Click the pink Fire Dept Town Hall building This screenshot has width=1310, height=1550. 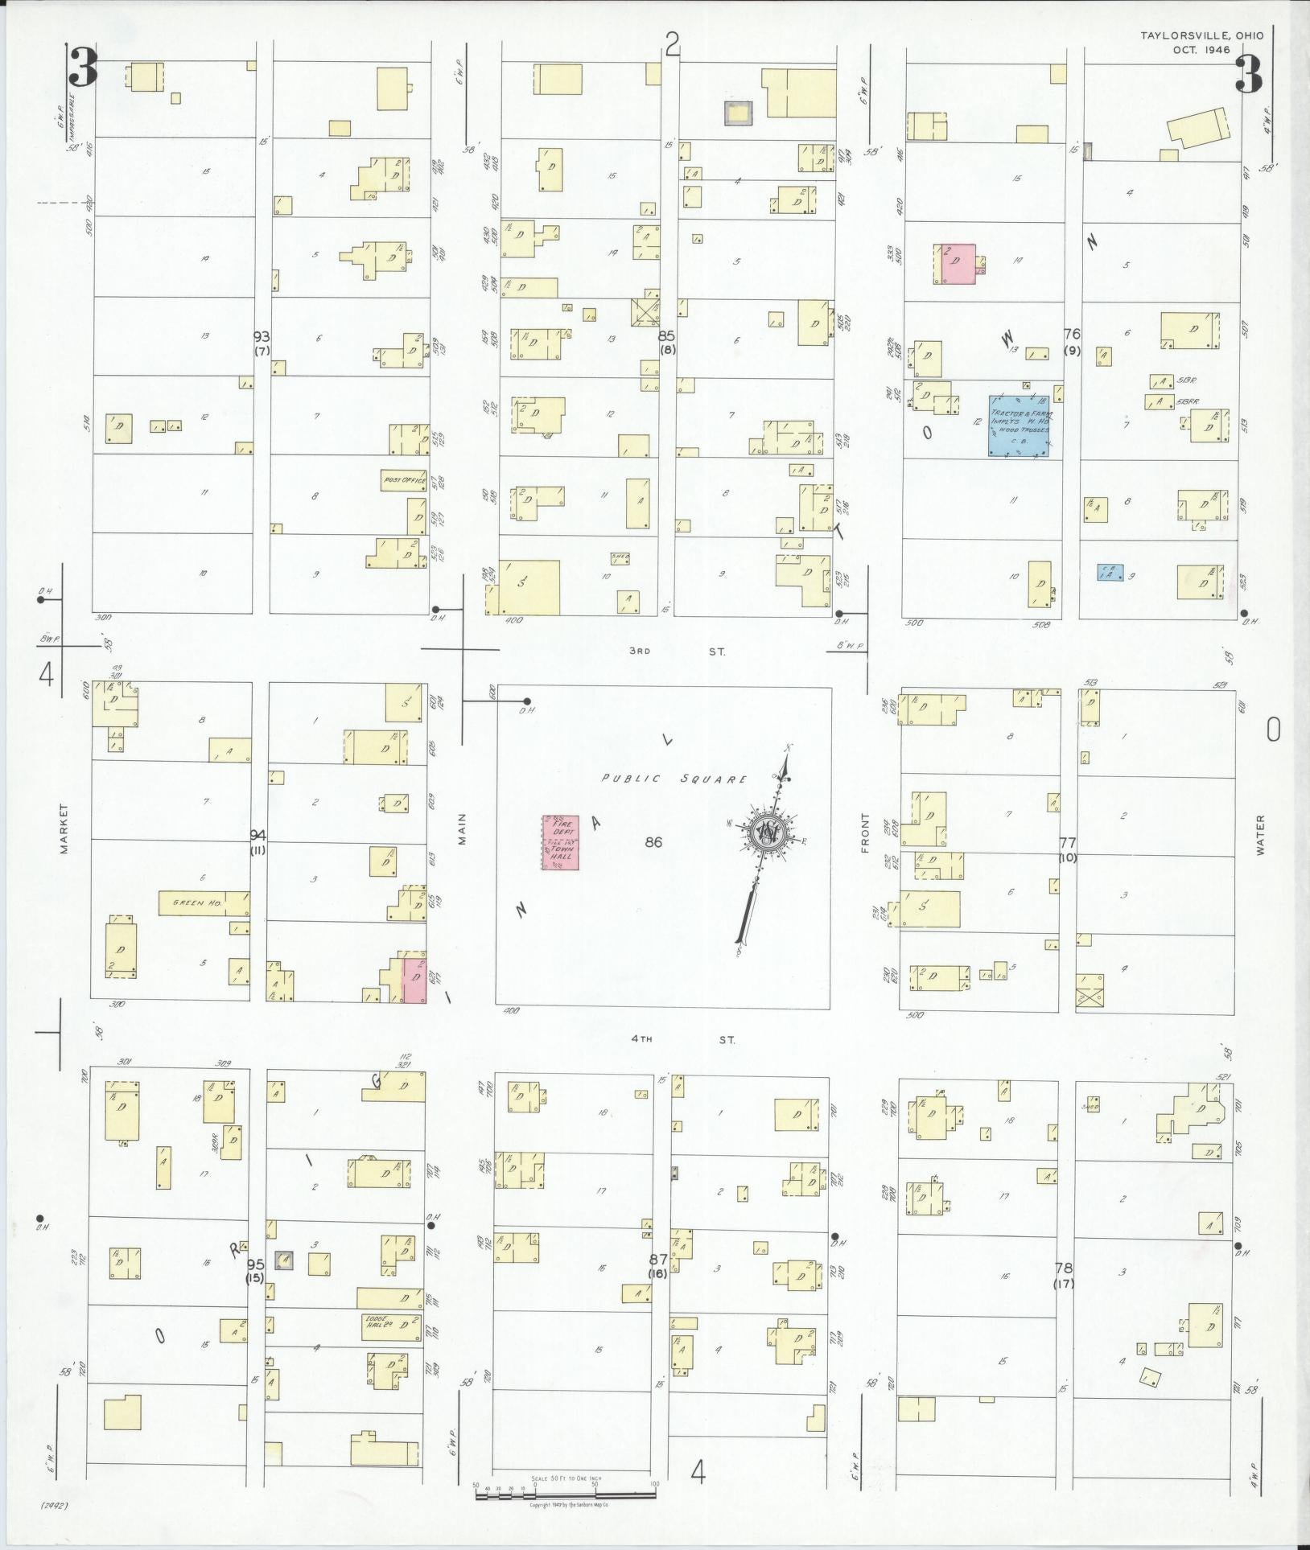coord(560,842)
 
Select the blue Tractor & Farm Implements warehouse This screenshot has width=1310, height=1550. coord(1020,426)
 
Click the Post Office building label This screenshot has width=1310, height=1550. coord(403,480)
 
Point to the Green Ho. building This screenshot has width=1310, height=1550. coord(204,902)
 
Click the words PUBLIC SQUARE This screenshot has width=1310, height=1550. coord(674,779)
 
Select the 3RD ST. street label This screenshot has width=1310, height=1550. coord(676,652)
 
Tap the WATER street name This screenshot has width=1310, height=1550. coord(1260,835)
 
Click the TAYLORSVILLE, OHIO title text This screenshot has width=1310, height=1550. coord(1201,35)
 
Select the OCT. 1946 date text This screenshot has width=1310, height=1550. coord(1217,50)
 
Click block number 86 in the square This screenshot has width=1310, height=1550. coord(653,842)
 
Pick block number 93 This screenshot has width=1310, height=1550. coord(261,337)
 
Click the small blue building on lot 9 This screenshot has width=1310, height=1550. coord(1110,573)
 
